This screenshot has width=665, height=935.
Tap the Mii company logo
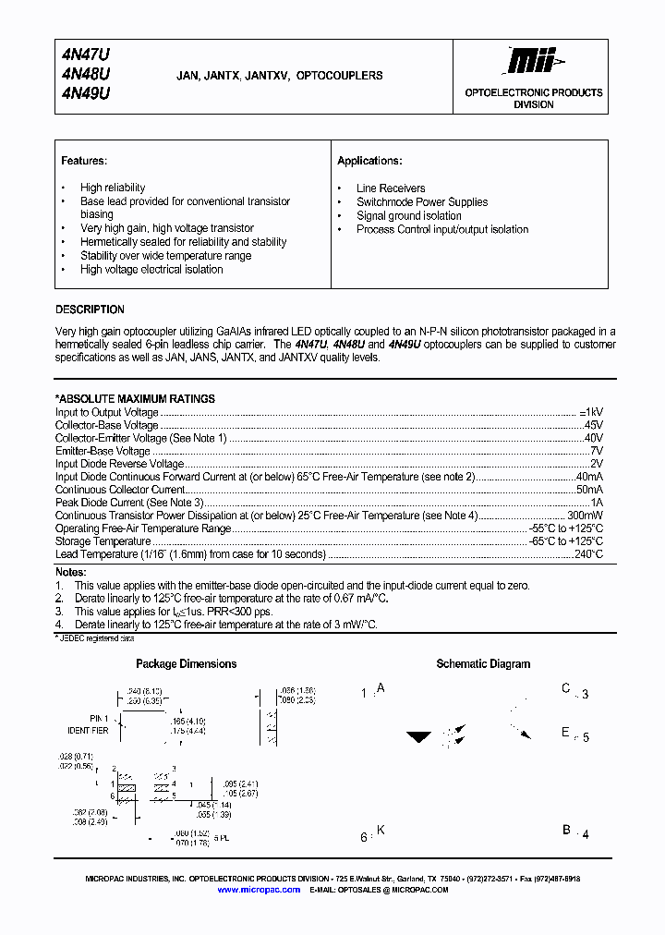point(534,62)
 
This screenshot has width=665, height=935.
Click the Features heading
point(84,161)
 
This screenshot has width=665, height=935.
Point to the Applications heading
point(369,161)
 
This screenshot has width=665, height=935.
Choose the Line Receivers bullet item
point(391,188)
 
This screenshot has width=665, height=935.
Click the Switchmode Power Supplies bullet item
point(422,202)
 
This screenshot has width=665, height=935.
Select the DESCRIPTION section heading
point(90,310)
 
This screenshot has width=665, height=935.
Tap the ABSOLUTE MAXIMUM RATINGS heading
point(136,399)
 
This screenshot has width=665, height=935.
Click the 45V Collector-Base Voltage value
point(593,426)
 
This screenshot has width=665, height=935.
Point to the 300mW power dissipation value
point(585,516)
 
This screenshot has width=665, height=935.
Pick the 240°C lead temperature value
point(588,554)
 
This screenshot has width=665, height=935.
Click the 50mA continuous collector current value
point(589,490)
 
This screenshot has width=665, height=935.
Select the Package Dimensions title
point(186,664)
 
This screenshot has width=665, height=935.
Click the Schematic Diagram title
point(483,664)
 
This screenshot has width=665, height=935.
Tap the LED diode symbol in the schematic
point(420,737)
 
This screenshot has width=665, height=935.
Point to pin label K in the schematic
point(381,831)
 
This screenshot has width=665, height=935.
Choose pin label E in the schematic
point(566,733)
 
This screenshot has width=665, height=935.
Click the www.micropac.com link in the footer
point(259,890)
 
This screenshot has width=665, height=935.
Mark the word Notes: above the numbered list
point(70,573)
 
